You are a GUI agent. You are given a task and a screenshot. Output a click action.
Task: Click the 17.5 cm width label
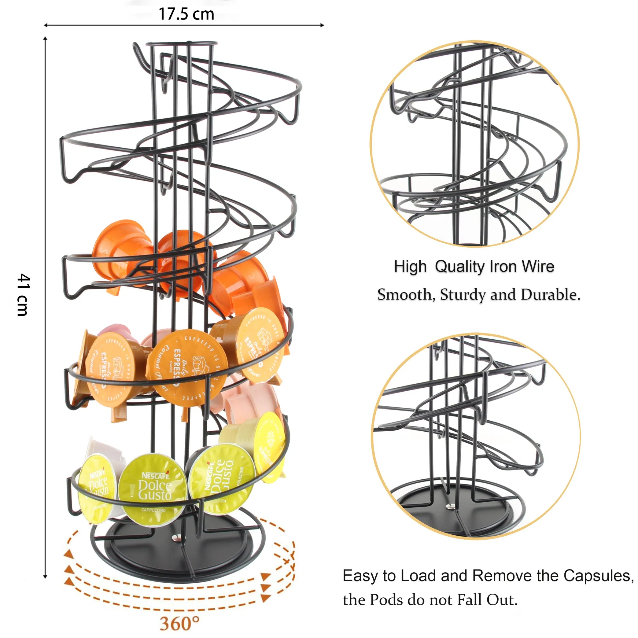pyautogui.click(x=186, y=14)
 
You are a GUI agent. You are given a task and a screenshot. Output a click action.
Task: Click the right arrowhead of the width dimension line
pyautogui.click(x=322, y=25)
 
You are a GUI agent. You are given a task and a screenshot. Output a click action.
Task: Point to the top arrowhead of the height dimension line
pyautogui.click(x=45, y=39)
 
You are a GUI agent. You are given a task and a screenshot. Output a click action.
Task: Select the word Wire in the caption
pyautogui.click(x=538, y=267)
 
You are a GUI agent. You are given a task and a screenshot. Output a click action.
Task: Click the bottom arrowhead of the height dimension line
pyautogui.click(x=45, y=577)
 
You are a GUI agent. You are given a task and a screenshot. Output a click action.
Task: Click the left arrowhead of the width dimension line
pyautogui.click(x=46, y=25)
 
